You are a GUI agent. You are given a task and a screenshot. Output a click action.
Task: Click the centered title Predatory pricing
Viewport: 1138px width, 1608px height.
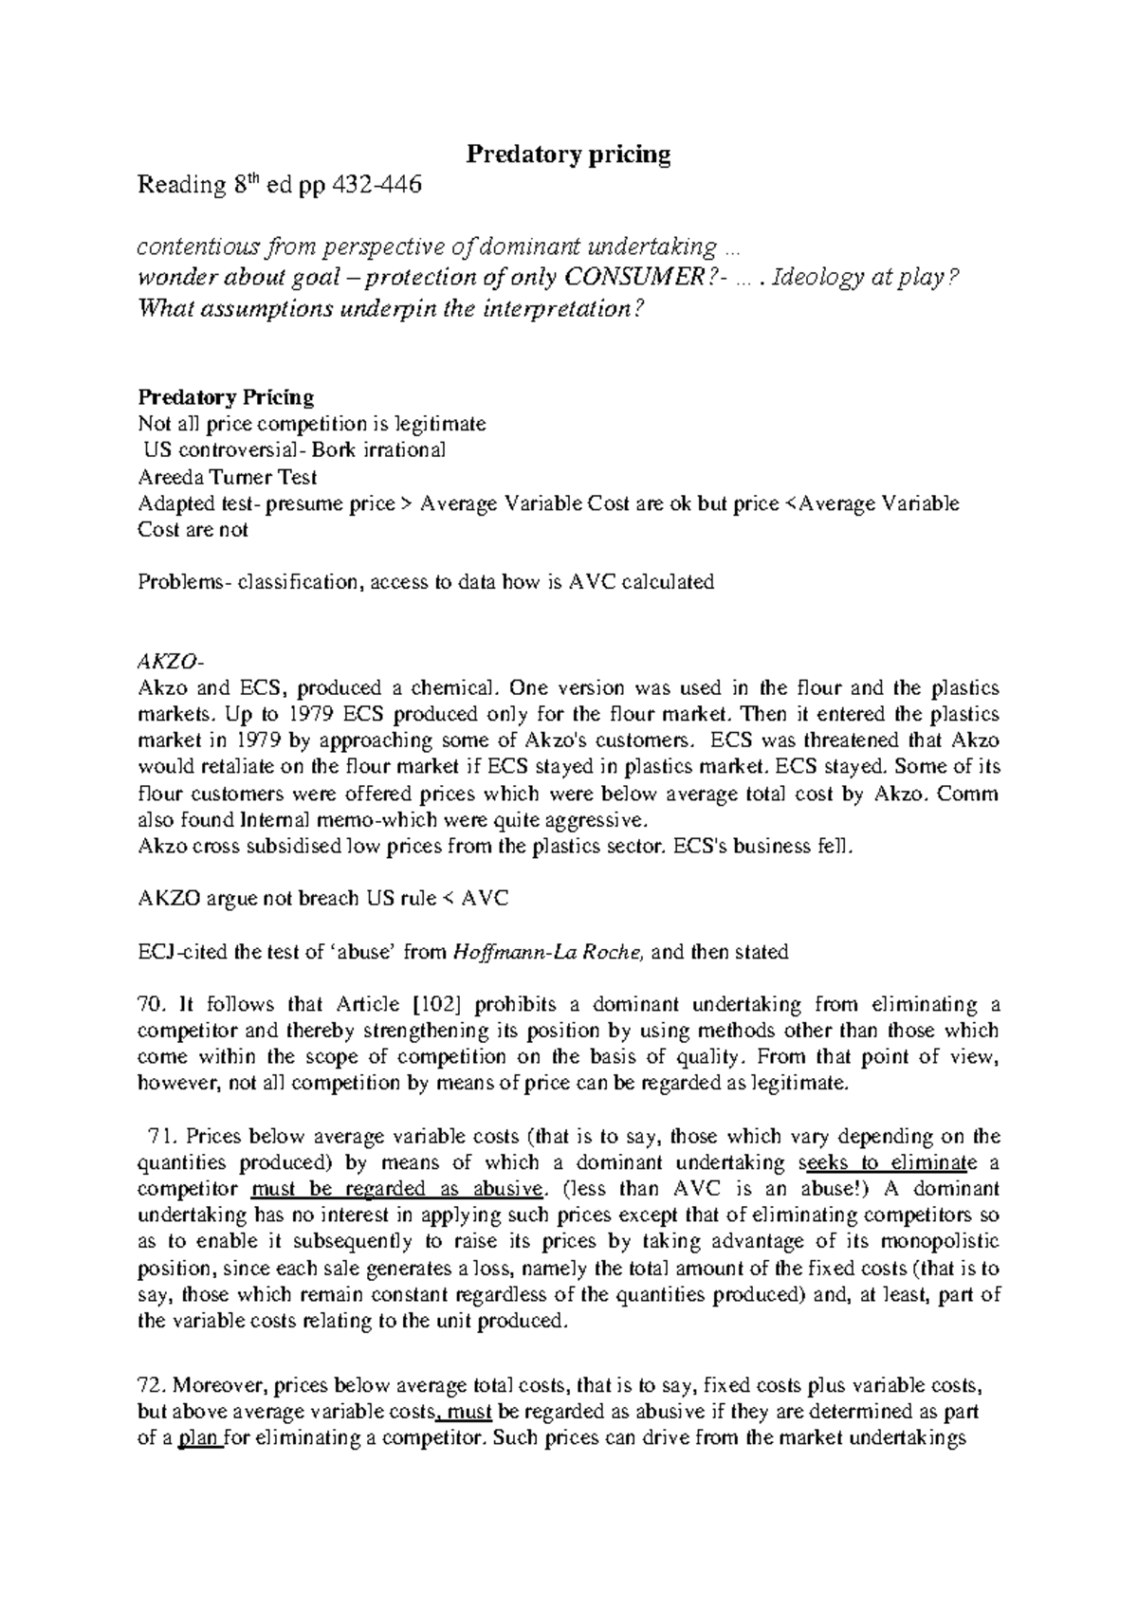tap(568, 155)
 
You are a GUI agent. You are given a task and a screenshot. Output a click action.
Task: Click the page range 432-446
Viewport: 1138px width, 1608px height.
tap(374, 186)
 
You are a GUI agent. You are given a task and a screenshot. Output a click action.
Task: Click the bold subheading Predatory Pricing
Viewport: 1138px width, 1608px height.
tap(226, 396)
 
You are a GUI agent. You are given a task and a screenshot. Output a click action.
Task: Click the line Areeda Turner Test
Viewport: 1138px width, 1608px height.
tap(227, 476)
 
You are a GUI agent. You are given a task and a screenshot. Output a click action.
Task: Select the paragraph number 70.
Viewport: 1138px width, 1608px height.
tap(152, 1004)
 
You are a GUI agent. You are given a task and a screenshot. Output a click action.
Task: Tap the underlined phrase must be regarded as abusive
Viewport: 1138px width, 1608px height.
tap(398, 1189)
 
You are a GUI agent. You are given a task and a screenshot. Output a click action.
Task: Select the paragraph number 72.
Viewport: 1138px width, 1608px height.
tap(152, 1385)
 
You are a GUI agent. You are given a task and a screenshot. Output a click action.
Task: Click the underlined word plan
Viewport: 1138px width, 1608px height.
tap(198, 1438)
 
